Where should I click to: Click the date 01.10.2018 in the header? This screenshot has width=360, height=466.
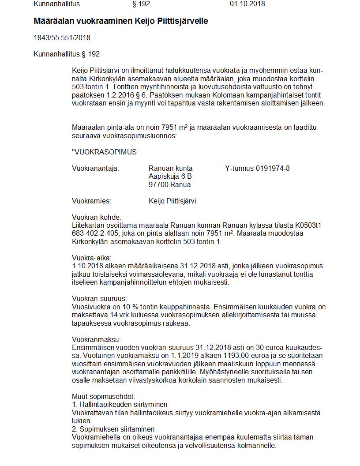(x=247, y=4)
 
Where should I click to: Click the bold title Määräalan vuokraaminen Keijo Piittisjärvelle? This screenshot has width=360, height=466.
(x=120, y=21)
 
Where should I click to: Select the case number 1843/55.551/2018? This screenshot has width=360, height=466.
(x=62, y=38)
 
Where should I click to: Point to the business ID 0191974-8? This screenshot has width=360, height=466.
(x=273, y=169)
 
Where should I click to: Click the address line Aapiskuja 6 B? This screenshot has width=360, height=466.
(x=170, y=177)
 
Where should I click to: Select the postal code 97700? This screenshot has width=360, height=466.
(x=158, y=185)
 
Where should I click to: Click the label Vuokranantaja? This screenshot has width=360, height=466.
(x=95, y=169)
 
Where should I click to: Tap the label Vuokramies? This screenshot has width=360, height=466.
(x=91, y=201)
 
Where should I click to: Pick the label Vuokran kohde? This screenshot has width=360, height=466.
(x=96, y=218)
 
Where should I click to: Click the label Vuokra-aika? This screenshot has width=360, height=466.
(x=92, y=258)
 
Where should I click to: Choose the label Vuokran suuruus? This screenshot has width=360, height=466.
(x=99, y=299)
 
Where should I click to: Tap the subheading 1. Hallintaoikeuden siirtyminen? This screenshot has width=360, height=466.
(x=120, y=405)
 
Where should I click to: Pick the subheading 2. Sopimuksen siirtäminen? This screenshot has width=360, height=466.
(x=113, y=429)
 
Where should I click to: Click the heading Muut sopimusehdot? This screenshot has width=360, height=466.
(x=104, y=397)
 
